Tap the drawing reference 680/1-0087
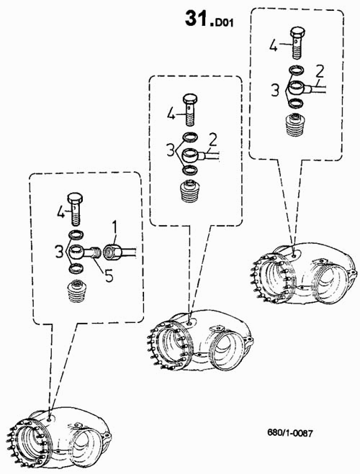(x=290, y=433)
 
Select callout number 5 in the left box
(x=109, y=275)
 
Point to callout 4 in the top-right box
(x=274, y=45)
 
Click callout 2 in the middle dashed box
(x=213, y=140)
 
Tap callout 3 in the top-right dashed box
(x=275, y=91)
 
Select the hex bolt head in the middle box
(x=190, y=99)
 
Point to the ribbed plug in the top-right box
(x=295, y=124)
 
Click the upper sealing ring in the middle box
(x=190, y=137)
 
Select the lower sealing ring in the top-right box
(x=295, y=104)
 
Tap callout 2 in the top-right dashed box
(x=319, y=72)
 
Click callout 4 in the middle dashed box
(x=171, y=114)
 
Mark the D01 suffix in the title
(x=224, y=23)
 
